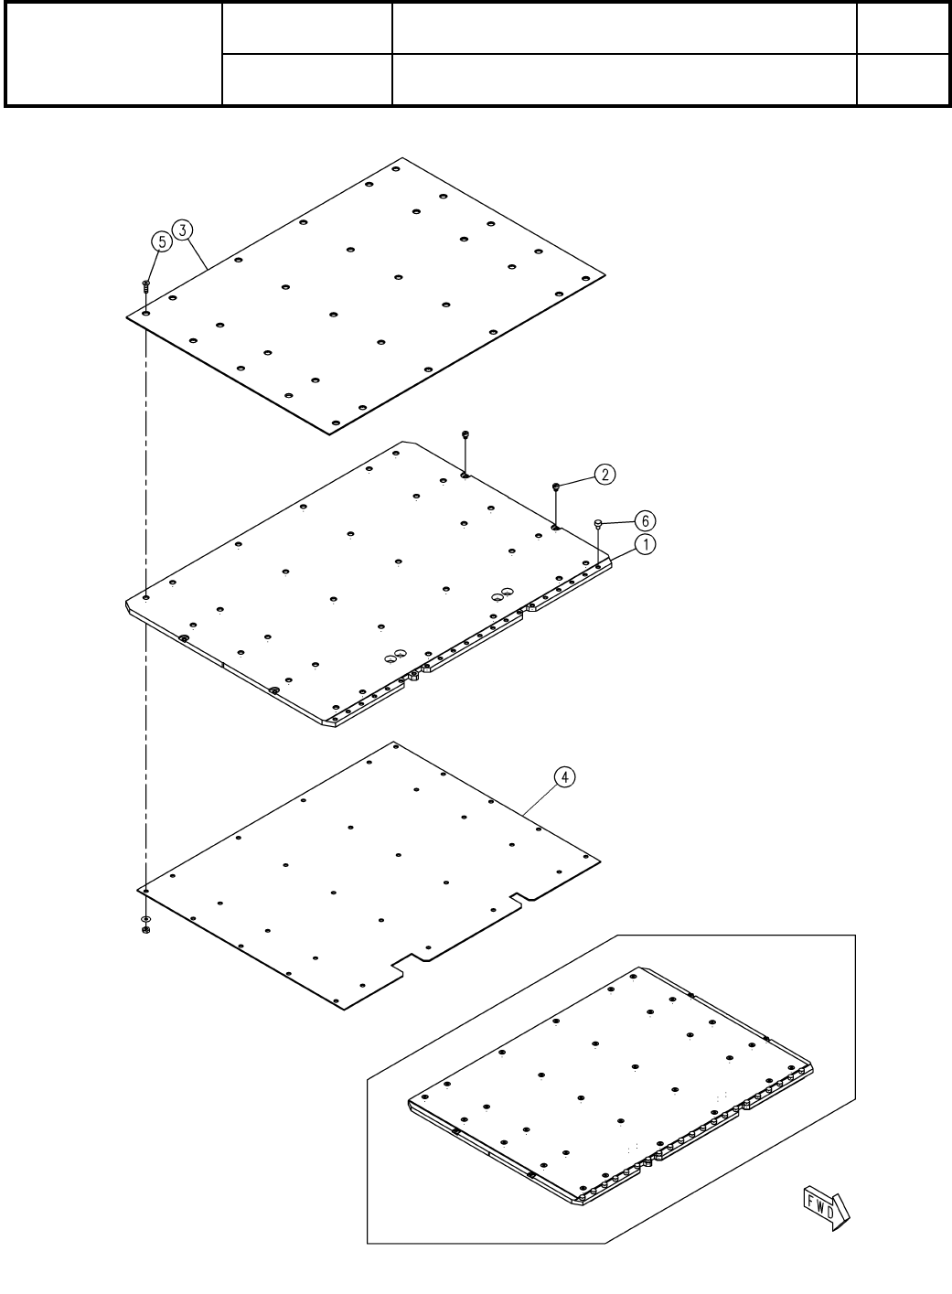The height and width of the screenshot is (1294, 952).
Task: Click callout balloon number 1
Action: [x=645, y=544]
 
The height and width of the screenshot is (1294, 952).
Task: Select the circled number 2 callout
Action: [x=604, y=474]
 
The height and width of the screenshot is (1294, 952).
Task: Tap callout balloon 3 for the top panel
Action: [x=184, y=230]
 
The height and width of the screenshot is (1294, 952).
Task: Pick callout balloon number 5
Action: [x=161, y=241]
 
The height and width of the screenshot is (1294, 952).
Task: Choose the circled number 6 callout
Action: [x=645, y=519]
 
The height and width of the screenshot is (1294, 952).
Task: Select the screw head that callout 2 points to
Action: [x=555, y=486]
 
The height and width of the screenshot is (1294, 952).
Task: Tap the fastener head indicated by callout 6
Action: [x=598, y=523]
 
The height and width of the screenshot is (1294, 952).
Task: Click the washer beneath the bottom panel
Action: [x=145, y=918]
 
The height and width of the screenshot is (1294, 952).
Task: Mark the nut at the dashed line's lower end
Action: [x=145, y=931]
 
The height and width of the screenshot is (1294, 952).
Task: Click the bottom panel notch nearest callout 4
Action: [x=519, y=900]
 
